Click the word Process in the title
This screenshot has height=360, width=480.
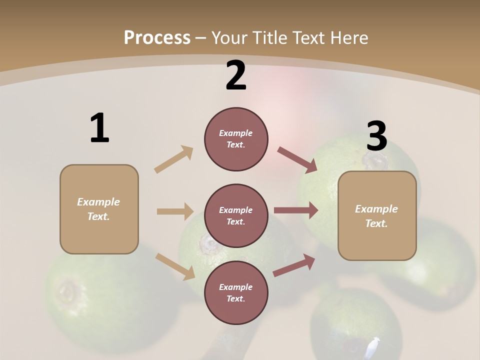tap(157, 37)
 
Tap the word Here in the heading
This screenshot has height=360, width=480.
tap(348, 37)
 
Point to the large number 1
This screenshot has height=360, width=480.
tap(99, 128)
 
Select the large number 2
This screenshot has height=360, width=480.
tap(236, 75)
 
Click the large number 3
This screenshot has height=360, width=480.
tap(377, 136)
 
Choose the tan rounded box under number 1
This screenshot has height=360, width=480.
tap(99, 209)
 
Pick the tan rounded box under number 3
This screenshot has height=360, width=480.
tap(377, 216)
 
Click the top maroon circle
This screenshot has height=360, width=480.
tap(236, 139)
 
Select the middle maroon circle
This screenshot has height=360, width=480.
tap(236, 216)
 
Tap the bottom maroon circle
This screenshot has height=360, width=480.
tap(236, 293)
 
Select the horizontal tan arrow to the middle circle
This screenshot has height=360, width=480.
tap(175, 211)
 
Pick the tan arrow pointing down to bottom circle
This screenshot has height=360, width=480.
tap(175, 266)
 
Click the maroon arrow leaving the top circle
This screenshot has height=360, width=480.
tap(297, 160)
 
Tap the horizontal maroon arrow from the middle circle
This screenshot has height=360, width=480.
tap(296, 210)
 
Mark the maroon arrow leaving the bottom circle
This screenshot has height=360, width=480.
tap(294, 265)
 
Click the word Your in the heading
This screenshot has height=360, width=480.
tap(230, 37)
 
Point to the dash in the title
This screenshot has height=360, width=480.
tap(201, 38)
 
